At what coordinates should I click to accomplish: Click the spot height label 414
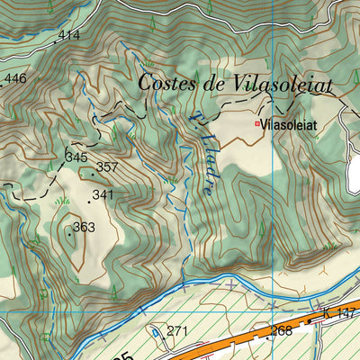(68, 35)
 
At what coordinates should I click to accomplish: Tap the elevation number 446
(15, 79)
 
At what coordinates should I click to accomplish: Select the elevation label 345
(76, 157)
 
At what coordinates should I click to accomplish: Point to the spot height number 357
(107, 167)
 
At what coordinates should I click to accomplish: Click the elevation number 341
(103, 194)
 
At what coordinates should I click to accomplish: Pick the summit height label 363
(84, 227)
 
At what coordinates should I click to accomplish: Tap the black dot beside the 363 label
(69, 234)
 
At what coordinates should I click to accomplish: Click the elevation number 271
(176, 331)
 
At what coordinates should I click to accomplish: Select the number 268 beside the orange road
(282, 331)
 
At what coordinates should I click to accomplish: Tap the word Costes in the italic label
(172, 84)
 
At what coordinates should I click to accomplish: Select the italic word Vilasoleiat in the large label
(283, 84)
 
